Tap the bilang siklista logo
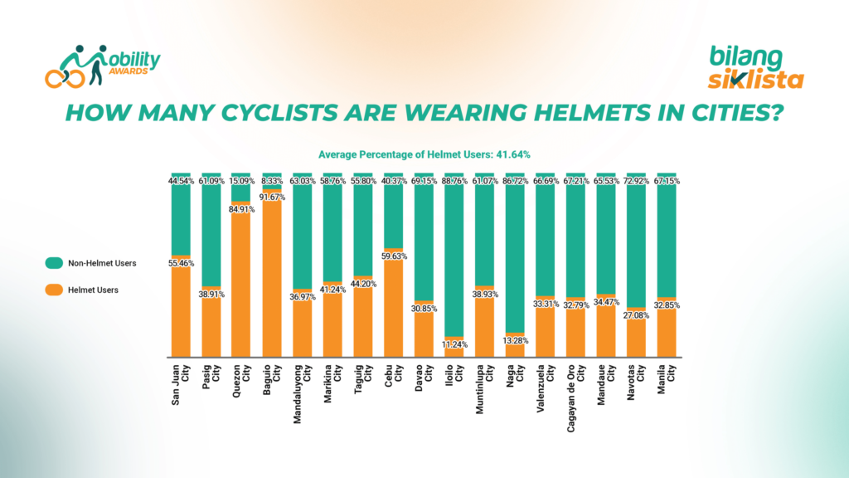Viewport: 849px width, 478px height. point(754,68)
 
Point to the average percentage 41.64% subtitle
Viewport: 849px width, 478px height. point(424,154)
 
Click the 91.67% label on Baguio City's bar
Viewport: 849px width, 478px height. point(273,197)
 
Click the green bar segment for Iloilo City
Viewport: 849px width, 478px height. point(454,257)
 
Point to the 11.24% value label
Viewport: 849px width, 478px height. point(454,344)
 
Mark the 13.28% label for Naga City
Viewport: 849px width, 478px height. point(515,340)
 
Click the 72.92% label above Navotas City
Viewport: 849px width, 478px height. point(636,180)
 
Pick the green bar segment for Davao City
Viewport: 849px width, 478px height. point(424,241)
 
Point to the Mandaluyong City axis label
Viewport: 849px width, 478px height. point(303,394)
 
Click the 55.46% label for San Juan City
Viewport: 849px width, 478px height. point(181,262)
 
